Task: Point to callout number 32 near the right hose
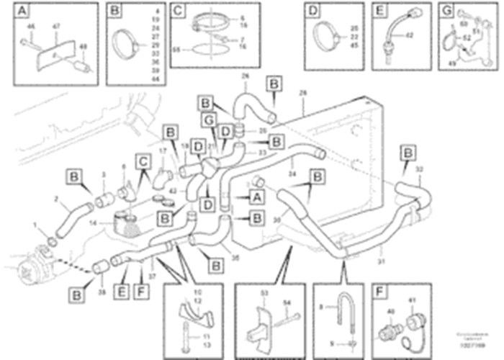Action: tap(420, 169)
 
